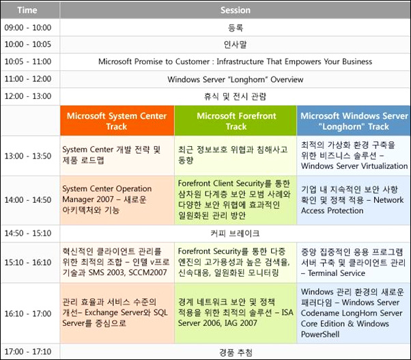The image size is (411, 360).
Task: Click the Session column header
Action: click(x=235, y=10)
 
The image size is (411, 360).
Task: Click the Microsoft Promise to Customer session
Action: click(x=235, y=61)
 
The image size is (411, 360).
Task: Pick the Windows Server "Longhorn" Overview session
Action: click(x=235, y=79)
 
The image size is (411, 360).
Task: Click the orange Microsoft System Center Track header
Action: click(x=117, y=121)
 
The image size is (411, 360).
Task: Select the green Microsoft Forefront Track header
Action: click(x=236, y=121)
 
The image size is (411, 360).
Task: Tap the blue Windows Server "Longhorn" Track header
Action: click(x=354, y=121)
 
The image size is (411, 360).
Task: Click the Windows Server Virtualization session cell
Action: click(x=354, y=156)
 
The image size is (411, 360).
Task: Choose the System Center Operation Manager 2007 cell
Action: click(x=117, y=200)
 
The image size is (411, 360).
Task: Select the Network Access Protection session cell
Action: click(x=354, y=200)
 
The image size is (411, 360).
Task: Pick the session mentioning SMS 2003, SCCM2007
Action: click(x=117, y=262)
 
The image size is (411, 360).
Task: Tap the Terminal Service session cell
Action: click(x=354, y=262)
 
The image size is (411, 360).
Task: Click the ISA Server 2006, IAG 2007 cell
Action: click(x=236, y=313)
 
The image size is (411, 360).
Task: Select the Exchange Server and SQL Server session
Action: click(x=117, y=313)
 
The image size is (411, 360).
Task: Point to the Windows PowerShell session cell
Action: click(x=354, y=313)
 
